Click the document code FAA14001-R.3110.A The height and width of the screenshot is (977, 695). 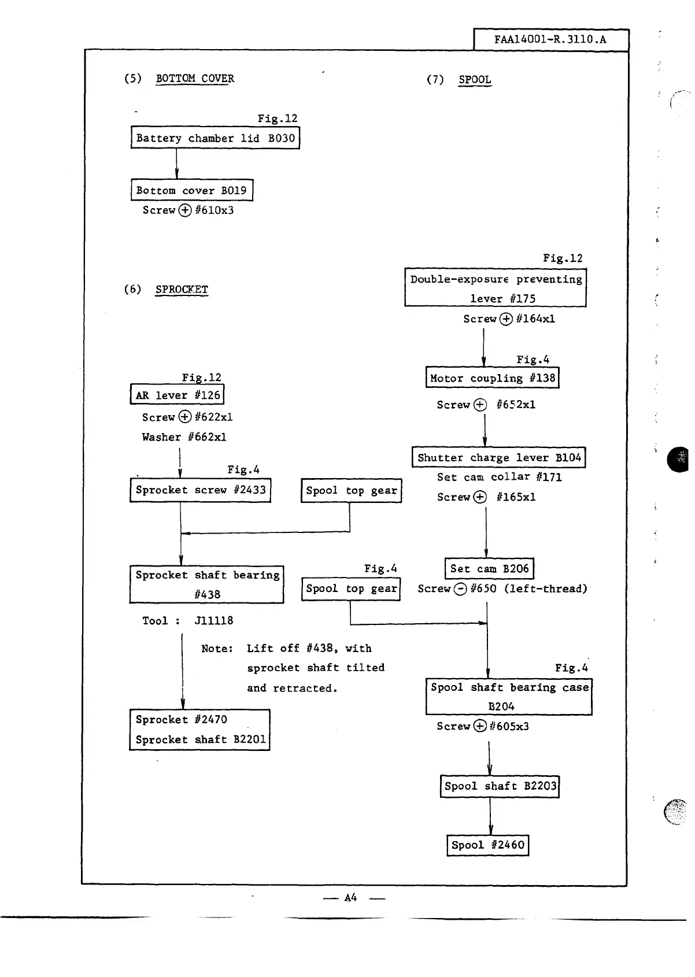[550, 40]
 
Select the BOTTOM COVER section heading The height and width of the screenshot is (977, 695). [195, 79]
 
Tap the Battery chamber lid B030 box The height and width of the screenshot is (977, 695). [215, 138]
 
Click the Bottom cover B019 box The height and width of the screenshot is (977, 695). [191, 190]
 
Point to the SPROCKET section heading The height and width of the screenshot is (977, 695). [182, 290]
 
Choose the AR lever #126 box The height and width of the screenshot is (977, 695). [177, 395]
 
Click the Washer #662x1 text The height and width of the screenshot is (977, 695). [184, 437]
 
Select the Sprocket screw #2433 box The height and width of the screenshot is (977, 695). [200, 490]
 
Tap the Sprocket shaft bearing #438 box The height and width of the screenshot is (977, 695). [206, 584]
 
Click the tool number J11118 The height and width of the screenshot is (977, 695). [214, 621]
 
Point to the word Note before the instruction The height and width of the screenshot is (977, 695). [217, 649]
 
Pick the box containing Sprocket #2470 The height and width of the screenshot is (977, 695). [199, 730]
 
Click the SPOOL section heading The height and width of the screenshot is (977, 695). [474, 80]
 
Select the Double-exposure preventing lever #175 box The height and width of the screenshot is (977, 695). [496, 288]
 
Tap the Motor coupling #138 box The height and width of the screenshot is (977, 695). [492, 378]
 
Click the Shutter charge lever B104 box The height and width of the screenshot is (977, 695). [498, 457]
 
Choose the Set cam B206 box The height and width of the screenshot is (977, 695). [489, 568]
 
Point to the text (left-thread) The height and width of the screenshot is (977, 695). [545, 589]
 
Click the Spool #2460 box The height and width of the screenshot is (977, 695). [487, 845]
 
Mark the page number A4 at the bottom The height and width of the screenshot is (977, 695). [350, 898]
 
